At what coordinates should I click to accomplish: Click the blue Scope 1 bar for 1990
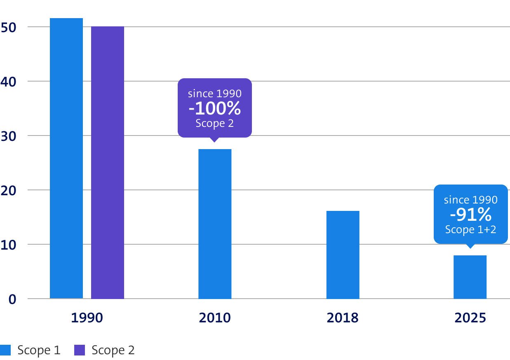point(66,158)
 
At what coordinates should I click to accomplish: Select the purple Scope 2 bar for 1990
point(108,162)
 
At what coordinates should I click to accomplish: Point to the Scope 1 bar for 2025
point(470,277)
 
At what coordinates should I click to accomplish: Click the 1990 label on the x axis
point(87,318)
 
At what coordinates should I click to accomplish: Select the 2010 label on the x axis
point(215,318)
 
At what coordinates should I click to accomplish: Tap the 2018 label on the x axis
point(343,318)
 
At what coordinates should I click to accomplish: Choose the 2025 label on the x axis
point(470,318)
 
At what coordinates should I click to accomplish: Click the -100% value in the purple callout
point(215,108)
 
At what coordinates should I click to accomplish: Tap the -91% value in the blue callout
point(470,215)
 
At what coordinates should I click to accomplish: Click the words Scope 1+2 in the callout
point(470,229)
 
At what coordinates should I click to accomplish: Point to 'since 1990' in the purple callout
point(215,94)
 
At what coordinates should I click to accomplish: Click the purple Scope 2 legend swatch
point(79,350)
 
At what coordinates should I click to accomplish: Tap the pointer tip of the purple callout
point(214,141)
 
